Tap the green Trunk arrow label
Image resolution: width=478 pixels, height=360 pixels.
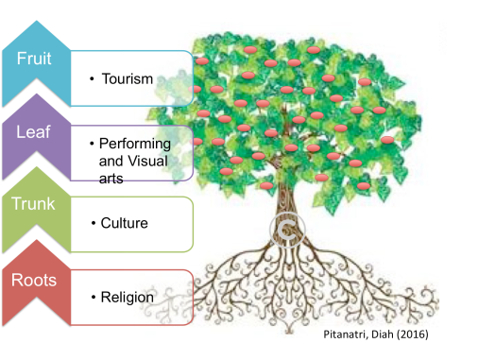[x=35, y=205]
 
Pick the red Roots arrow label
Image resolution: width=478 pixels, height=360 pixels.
[x=35, y=280]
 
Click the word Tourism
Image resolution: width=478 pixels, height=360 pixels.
[x=128, y=77]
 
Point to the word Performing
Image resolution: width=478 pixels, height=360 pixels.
[x=135, y=145]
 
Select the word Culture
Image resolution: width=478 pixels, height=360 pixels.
[x=125, y=224]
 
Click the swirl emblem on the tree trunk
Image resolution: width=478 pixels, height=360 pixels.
[x=283, y=228]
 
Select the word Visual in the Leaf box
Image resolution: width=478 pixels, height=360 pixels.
[x=146, y=161]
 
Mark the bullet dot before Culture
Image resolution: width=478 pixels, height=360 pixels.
[x=93, y=223]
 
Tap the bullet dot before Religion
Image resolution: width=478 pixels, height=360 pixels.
[x=93, y=297]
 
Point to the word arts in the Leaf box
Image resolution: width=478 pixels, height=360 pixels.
[x=111, y=177]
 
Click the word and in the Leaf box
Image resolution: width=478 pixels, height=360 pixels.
[x=111, y=161]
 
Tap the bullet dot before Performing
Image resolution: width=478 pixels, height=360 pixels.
[x=93, y=143]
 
